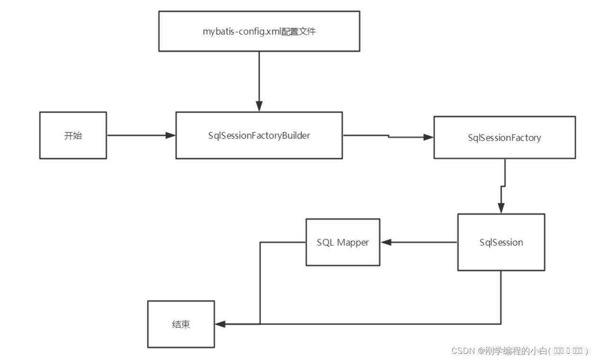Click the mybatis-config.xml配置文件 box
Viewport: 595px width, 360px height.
tap(259, 31)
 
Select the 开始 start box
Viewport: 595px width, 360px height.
tap(73, 135)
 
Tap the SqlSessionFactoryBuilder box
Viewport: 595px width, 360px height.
tap(259, 135)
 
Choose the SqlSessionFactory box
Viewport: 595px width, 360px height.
tap(505, 138)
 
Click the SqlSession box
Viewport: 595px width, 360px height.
tap(501, 242)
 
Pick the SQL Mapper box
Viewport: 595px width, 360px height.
tap(343, 242)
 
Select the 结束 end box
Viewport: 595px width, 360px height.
tap(181, 324)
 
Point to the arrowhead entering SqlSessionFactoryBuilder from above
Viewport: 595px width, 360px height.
tap(259, 107)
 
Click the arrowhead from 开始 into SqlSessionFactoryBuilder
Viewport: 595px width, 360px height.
tap(171, 135)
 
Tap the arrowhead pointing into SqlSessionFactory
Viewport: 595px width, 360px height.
tap(429, 137)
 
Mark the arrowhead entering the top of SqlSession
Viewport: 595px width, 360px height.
tap(501, 208)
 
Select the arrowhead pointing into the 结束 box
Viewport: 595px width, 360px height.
tap(220, 324)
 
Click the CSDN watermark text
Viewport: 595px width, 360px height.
tap(519, 351)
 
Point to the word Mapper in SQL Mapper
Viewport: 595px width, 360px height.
tap(353, 242)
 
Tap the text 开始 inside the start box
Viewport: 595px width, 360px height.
tap(73, 135)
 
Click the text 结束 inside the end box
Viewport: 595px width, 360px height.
tap(181, 324)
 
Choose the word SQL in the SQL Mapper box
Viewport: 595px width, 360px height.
tap(325, 242)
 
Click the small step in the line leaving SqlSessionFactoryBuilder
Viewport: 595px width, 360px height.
tap(388, 136)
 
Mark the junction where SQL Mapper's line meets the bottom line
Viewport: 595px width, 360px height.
tap(260, 324)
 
